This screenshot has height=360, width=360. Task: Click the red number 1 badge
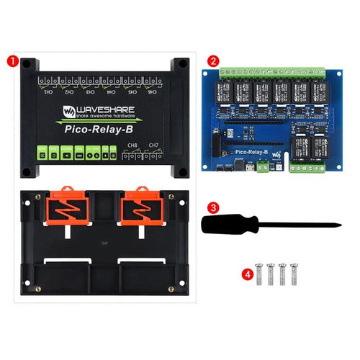[x=12, y=60]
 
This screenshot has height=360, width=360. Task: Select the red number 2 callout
[x=214, y=60]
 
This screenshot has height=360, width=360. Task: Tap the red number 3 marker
[x=214, y=207]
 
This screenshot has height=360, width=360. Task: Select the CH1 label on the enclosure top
[x=49, y=92]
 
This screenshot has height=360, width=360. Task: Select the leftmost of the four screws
[x=261, y=274]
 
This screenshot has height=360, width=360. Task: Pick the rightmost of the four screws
[x=295, y=274]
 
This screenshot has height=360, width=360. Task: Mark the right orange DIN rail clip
[x=141, y=209]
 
